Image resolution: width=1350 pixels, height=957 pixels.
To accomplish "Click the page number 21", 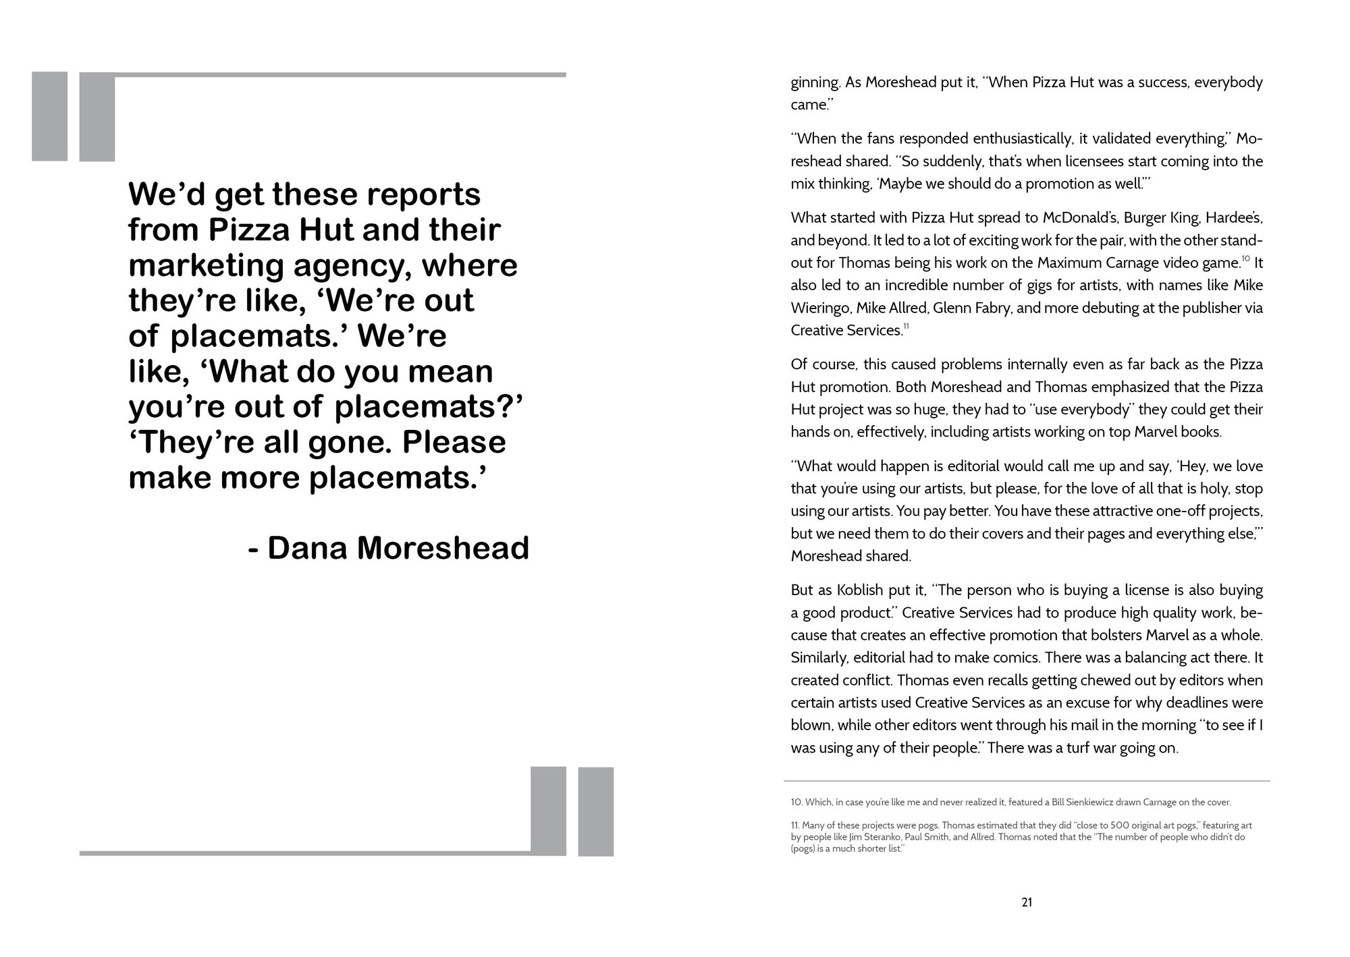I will point(1027,902).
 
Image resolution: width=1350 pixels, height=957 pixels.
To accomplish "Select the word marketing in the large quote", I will point(205,265).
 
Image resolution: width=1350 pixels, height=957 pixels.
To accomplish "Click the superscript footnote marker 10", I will point(1246,258).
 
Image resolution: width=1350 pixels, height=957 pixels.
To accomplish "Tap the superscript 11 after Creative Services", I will point(907,327).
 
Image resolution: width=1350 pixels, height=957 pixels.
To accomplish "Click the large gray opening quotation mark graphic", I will point(73,116).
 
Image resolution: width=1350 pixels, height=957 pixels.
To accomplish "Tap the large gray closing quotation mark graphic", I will point(572,811).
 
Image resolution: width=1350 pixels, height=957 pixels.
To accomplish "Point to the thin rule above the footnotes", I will point(1027,781).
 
